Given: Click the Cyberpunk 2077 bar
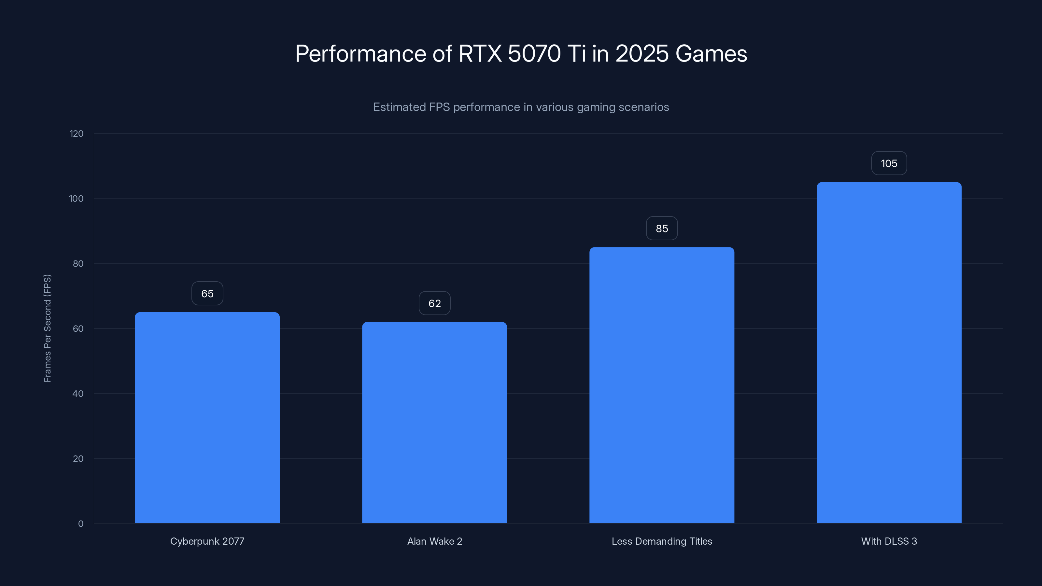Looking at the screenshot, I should [207, 417].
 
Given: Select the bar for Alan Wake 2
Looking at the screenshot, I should [434, 422].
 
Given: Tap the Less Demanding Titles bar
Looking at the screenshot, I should [662, 385].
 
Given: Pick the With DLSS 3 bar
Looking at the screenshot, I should [889, 352].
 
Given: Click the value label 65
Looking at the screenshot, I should [207, 294].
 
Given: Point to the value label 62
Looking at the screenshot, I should [434, 303].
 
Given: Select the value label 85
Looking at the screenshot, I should [662, 229].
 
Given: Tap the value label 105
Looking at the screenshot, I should [889, 163].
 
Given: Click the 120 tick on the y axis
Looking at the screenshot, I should [77, 134].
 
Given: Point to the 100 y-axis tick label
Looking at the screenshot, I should [76, 199].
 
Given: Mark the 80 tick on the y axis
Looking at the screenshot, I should [78, 264].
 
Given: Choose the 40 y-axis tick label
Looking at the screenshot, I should [78, 394].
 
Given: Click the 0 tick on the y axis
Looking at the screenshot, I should [81, 524].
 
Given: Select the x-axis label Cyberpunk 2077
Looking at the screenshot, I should [207, 541].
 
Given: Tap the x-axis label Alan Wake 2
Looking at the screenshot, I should [434, 541].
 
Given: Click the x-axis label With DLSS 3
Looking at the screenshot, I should [889, 541].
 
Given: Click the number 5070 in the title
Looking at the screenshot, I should [534, 54].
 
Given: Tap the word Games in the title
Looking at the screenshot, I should [711, 54].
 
